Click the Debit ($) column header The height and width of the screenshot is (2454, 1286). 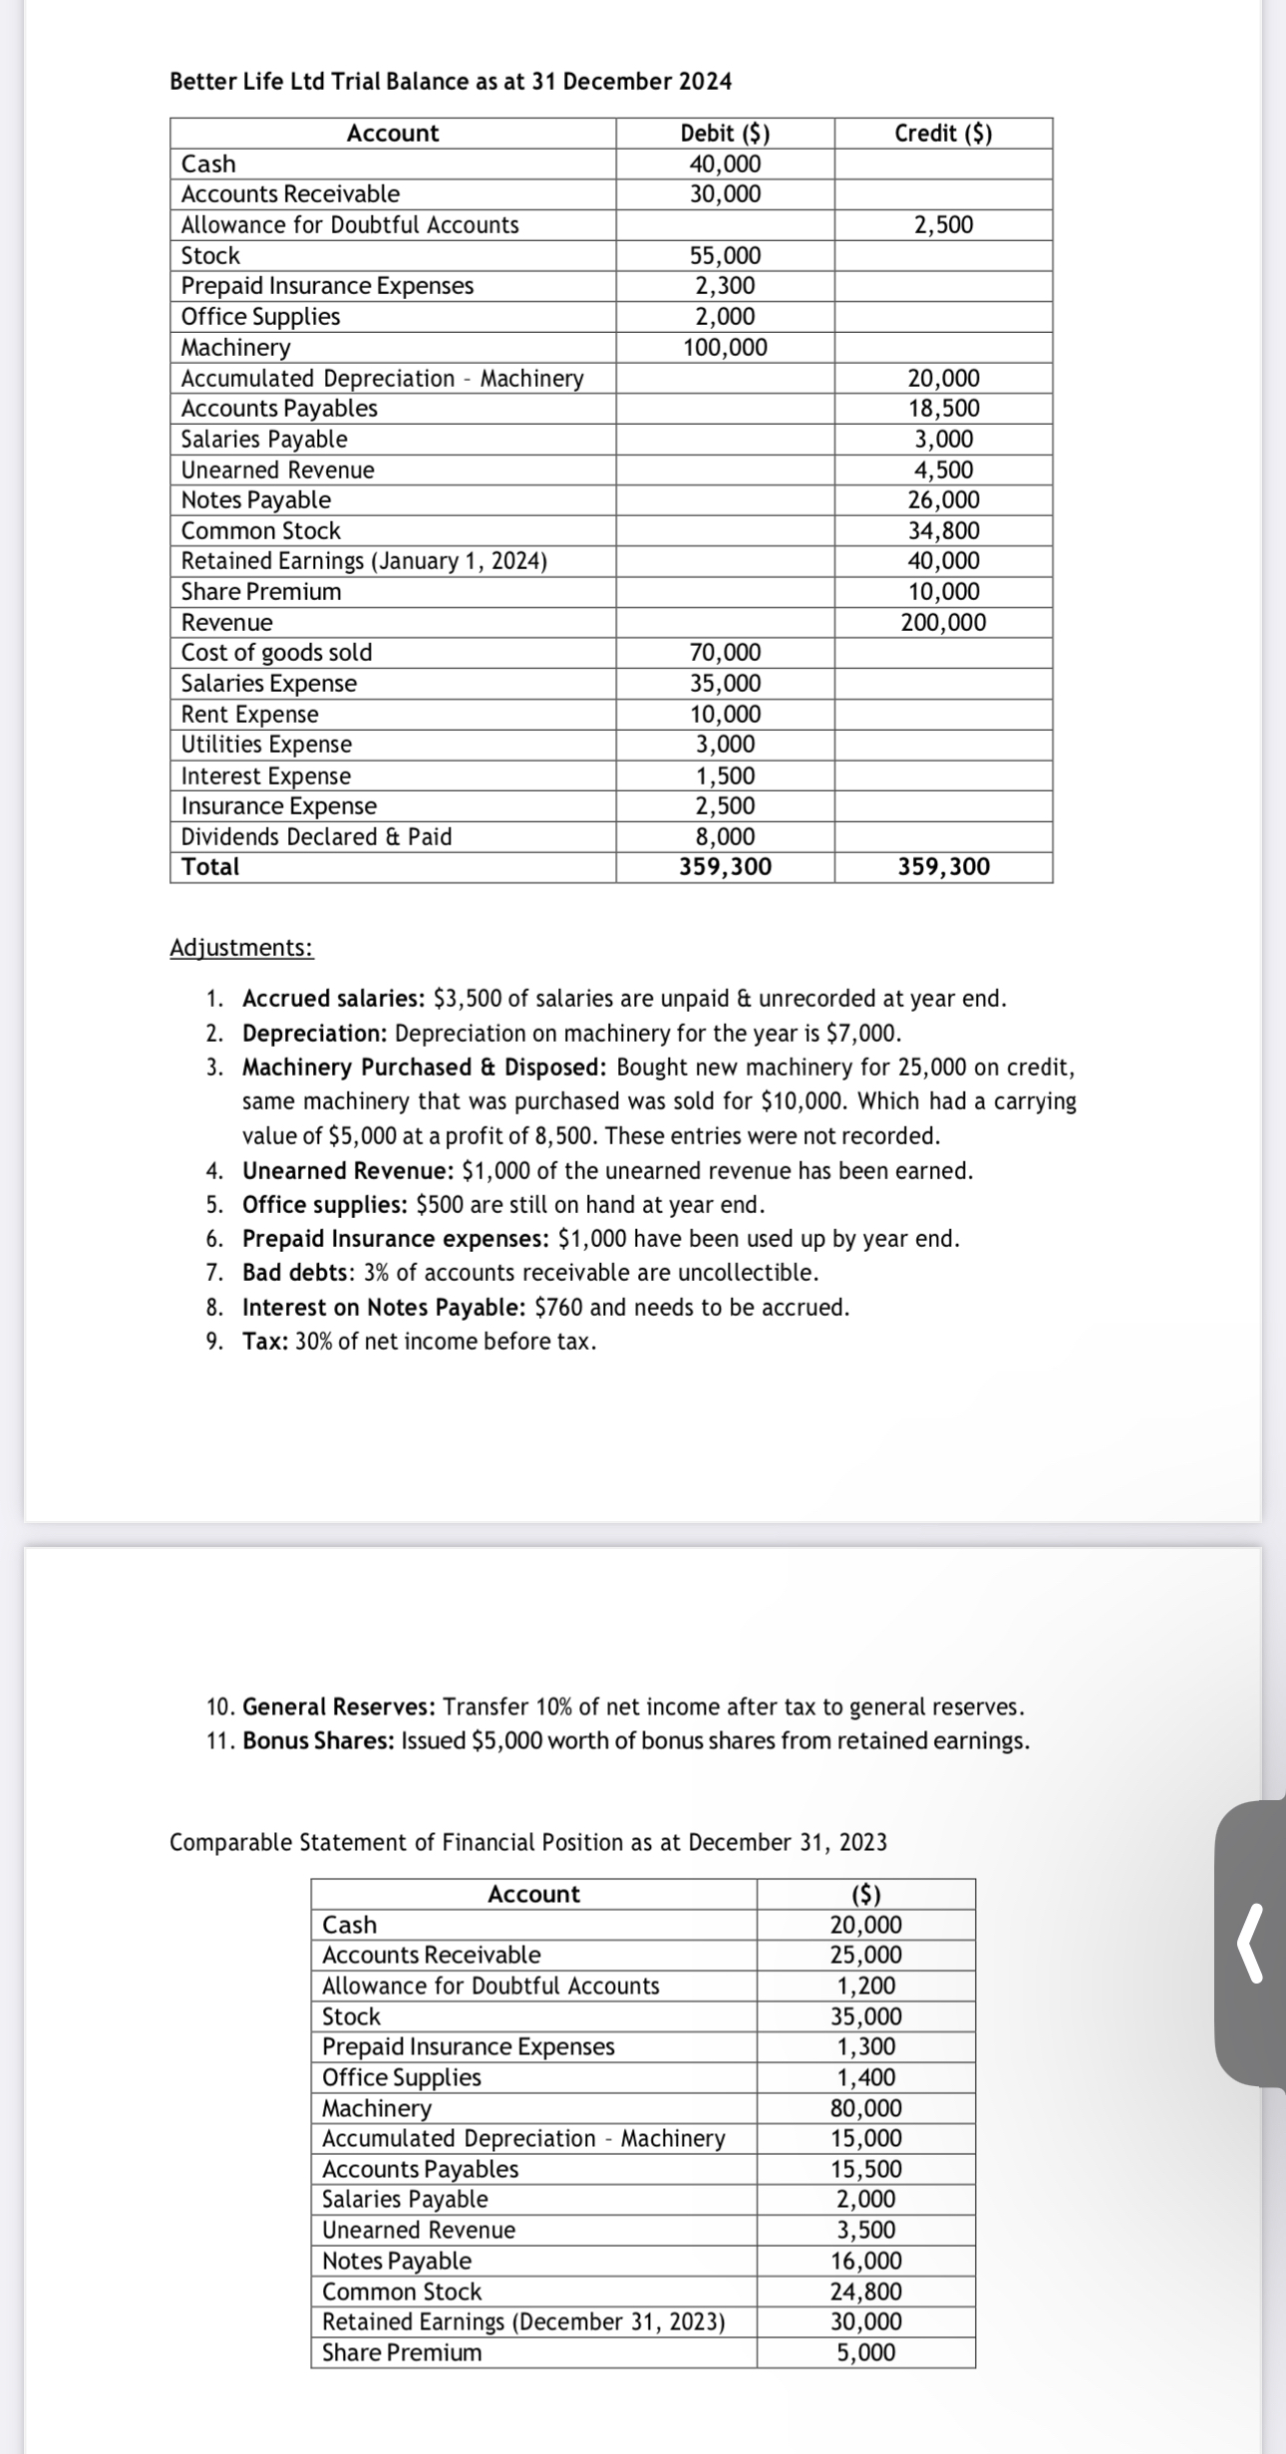click(x=725, y=134)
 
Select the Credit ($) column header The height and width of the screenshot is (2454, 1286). click(x=943, y=134)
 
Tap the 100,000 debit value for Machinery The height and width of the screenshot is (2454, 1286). click(x=725, y=348)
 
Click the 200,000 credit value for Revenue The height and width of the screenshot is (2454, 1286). click(x=943, y=623)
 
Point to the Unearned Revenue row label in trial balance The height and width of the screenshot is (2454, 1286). click(x=278, y=470)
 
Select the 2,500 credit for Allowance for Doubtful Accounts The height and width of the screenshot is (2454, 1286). click(x=943, y=225)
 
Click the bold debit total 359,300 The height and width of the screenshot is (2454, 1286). click(x=725, y=867)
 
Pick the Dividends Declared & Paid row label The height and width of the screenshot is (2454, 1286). click(x=316, y=837)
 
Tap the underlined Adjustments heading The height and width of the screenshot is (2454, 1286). click(x=241, y=948)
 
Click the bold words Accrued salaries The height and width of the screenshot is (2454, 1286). click(x=334, y=999)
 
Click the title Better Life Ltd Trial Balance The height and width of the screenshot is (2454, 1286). click(x=451, y=82)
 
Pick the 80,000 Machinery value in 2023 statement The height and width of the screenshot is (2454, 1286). click(x=865, y=2108)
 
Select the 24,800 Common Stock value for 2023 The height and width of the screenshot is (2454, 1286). click(x=865, y=2292)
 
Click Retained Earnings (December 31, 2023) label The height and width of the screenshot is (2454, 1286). click(x=523, y=2321)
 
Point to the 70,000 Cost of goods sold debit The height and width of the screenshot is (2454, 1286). click(x=725, y=653)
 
